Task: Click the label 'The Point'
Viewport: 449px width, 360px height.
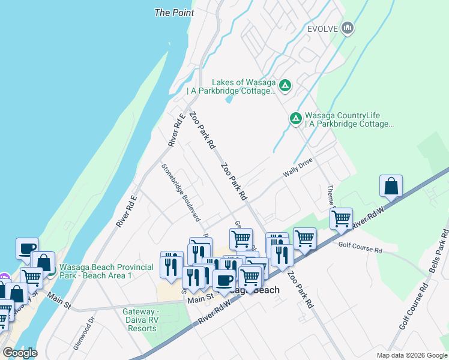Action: tap(174, 12)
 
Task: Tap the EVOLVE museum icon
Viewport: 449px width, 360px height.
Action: tap(348, 28)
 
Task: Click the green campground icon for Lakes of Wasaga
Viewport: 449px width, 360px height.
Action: tap(286, 86)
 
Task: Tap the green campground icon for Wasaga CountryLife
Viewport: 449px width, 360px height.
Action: tap(295, 119)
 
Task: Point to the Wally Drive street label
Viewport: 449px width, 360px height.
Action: tap(299, 170)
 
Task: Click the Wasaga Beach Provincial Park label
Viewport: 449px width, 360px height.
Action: tap(96, 271)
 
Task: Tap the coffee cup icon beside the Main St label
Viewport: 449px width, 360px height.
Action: tap(224, 280)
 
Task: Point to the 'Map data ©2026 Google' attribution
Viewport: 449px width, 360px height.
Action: tap(411, 355)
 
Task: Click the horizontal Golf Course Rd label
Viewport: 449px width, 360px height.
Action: tap(360, 247)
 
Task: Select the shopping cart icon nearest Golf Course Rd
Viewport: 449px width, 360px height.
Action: tap(341, 219)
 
